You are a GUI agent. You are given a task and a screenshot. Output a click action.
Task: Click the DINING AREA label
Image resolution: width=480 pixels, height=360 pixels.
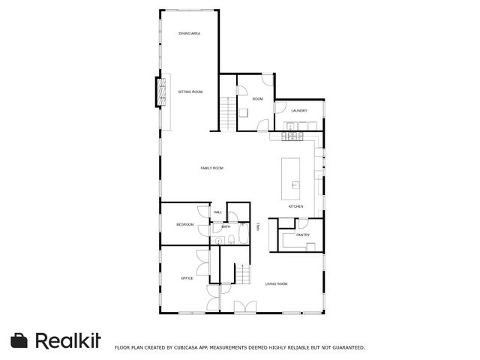click(x=190, y=34)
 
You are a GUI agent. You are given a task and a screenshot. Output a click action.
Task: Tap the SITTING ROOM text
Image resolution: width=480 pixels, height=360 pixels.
click(x=190, y=91)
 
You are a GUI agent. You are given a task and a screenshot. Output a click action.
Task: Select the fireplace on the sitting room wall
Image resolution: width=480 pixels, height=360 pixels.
click(x=159, y=91)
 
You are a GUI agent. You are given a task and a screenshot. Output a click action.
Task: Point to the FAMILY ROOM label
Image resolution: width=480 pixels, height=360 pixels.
click(x=212, y=168)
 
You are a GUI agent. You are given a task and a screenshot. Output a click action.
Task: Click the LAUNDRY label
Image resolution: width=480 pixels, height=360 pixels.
click(x=299, y=111)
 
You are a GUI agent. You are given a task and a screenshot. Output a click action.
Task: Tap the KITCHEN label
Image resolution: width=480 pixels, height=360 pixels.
click(x=296, y=206)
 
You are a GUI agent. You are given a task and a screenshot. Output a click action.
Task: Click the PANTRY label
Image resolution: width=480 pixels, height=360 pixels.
click(x=302, y=235)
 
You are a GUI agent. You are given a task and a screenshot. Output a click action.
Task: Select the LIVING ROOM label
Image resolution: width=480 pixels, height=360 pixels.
click(x=277, y=283)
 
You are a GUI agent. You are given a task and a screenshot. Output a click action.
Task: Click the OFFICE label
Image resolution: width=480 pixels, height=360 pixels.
click(x=187, y=278)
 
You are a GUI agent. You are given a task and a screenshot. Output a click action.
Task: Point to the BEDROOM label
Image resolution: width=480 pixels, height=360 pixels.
click(x=184, y=225)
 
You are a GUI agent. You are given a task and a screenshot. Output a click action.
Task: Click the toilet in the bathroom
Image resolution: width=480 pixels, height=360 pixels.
click(x=232, y=239)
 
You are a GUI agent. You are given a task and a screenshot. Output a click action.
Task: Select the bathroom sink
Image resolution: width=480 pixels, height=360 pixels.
click(x=216, y=240)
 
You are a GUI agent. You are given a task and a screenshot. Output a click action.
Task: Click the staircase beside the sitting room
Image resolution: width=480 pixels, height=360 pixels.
click(x=228, y=115)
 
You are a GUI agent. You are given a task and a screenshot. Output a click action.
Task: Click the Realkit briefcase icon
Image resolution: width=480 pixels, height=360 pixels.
click(x=20, y=340)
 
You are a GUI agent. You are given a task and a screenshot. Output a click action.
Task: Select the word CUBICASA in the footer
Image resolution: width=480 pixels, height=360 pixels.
click(x=185, y=347)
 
